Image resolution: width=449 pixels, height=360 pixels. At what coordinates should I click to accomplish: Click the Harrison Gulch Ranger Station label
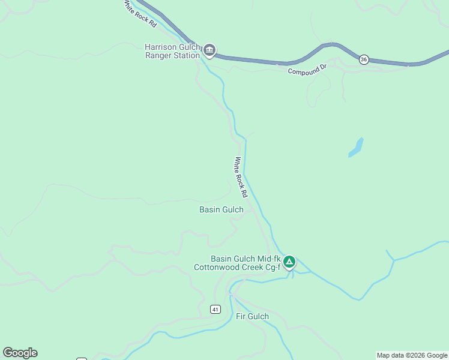pos(172,51)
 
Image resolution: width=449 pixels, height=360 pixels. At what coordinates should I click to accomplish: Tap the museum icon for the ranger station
pos(209,50)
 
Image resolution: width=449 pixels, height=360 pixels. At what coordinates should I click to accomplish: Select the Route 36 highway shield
pos(364,59)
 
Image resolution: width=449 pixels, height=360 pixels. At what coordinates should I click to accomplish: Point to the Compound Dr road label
pos(306,70)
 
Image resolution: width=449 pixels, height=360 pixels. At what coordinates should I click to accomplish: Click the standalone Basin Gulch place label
pos(221,209)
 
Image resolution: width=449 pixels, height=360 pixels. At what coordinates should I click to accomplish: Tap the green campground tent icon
pos(289,261)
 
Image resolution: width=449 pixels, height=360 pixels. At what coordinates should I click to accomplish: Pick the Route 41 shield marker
pos(215,309)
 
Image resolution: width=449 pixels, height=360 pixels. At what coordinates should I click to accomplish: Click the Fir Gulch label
pos(252,316)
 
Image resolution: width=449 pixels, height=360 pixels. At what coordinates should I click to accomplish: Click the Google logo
pos(20,353)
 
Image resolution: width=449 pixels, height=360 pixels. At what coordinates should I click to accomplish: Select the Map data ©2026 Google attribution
pos(412,355)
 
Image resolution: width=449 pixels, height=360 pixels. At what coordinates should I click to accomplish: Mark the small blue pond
pos(356,147)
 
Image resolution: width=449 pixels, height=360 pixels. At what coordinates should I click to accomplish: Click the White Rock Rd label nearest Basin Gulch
pos(241,177)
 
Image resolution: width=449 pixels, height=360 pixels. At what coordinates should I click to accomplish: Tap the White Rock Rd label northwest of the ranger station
pos(140,13)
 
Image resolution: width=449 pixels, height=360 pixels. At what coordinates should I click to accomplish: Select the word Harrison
pos(163,47)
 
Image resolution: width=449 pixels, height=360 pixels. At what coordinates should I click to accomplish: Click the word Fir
pos(241,316)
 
